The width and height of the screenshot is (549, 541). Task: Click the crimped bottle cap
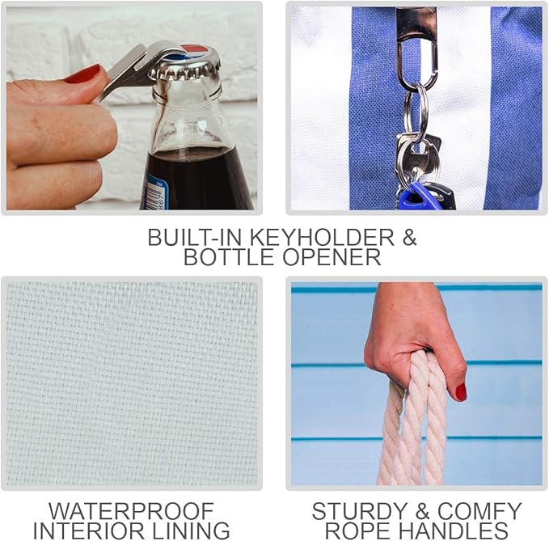coord(186,64)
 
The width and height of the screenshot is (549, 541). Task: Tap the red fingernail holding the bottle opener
coord(82,74)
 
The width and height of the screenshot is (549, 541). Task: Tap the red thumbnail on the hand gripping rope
coord(461,392)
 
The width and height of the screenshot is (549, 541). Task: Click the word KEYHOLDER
coord(322,238)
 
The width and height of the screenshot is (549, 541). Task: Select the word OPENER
coord(332,257)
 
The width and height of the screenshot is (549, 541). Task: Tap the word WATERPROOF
coord(131,511)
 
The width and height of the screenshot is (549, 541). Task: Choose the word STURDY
coord(359,511)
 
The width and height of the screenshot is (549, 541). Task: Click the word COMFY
coord(479,511)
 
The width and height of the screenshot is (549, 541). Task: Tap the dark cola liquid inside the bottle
coord(196,179)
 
